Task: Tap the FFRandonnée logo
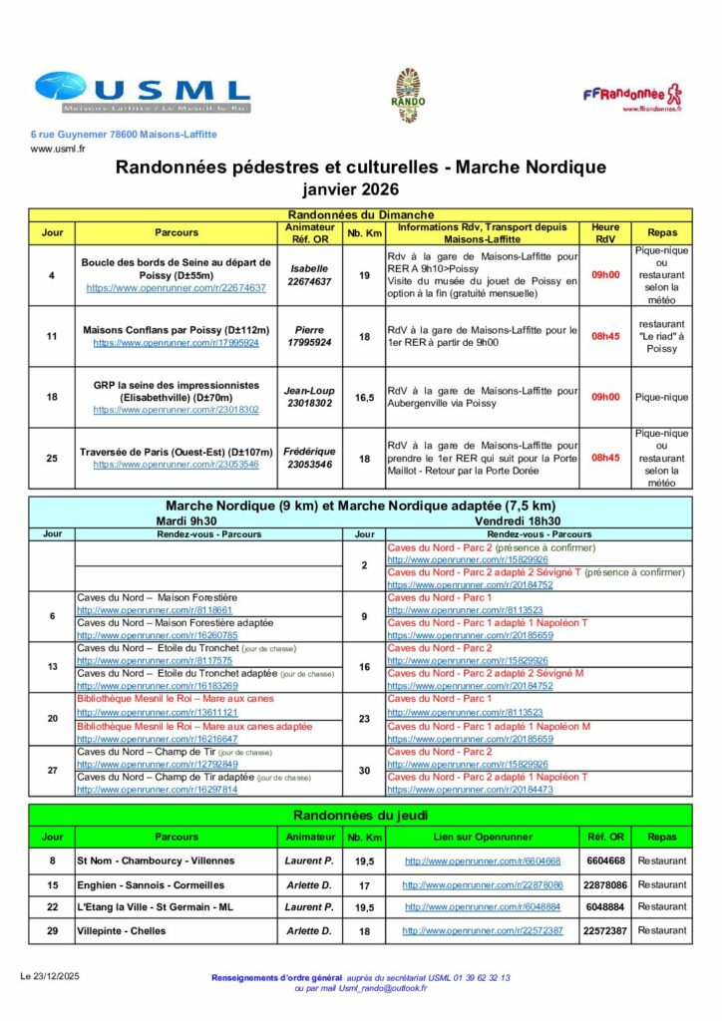pyautogui.click(x=633, y=96)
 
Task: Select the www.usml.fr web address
pyautogui.click(x=58, y=150)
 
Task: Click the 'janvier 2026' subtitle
pyautogui.click(x=360, y=189)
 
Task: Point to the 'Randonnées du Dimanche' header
pyautogui.click(x=360, y=214)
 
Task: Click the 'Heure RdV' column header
pyautogui.click(x=605, y=232)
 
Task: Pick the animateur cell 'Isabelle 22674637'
pyautogui.click(x=308, y=275)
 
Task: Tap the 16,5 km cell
pyautogui.click(x=365, y=397)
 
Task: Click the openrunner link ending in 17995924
pyautogui.click(x=177, y=343)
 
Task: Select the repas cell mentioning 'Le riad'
pyautogui.click(x=661, y=336)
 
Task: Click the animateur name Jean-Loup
pyautogui.click(x=308, y=391)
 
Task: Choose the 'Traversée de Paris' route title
pyautogui.click(x=177, y=452)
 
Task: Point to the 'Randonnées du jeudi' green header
pyautogui.click(x=360, y=815)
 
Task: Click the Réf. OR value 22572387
pyautogui.click(x=605, y=930)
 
